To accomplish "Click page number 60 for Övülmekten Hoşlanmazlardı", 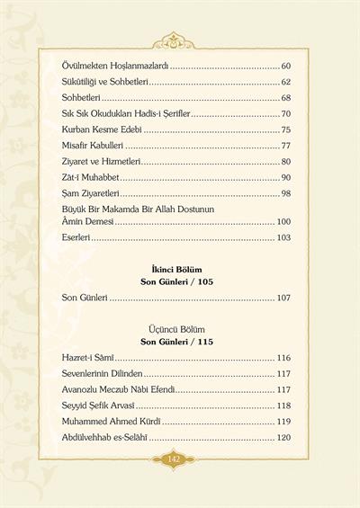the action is point(285,67).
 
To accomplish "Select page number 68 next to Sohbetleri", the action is point(285,98).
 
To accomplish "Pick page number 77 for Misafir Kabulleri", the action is point(285,146).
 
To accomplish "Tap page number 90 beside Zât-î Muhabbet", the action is point(285,177).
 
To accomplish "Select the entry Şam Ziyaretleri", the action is point(85,193).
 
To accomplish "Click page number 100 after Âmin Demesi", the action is point(283,221).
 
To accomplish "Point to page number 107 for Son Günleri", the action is point(283,297).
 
